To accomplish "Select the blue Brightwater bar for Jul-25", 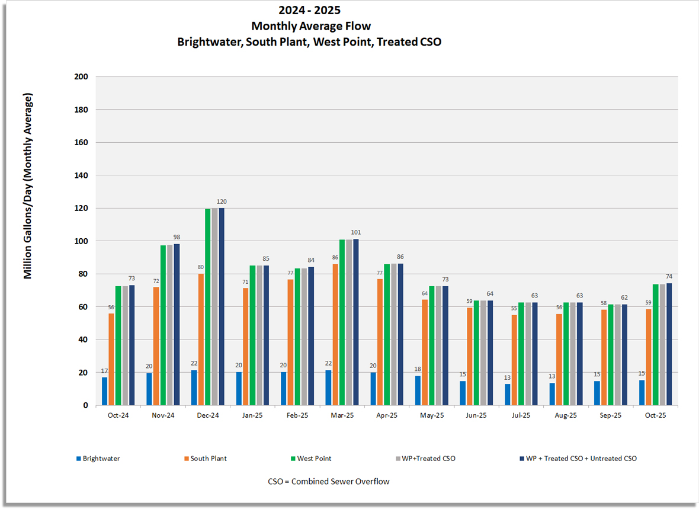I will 507,395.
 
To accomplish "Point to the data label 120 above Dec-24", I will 222,202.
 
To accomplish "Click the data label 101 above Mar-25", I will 356,232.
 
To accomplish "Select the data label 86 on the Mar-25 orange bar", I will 335,258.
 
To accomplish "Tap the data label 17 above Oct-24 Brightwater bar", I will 105,371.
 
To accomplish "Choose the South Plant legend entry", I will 208,459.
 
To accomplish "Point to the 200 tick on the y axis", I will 81,77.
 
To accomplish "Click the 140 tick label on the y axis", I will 81,175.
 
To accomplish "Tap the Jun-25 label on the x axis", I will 476,415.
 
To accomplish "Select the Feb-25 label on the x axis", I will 297,415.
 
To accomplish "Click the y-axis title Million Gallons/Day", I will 28,186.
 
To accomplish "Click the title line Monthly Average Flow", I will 311,26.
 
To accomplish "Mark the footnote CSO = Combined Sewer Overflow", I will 329,482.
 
